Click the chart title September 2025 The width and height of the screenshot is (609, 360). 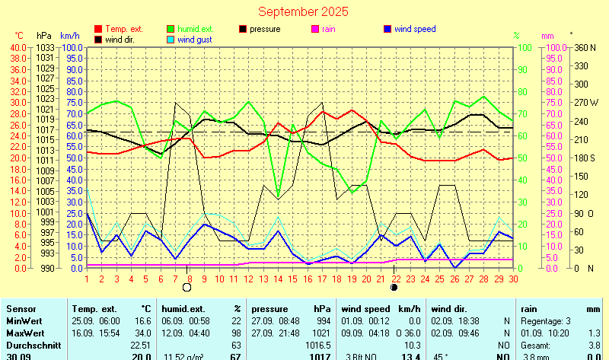tap(303, 11)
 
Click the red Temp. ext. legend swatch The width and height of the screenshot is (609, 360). tap(98, 29)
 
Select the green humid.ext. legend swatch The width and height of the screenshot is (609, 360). tap(171, 29)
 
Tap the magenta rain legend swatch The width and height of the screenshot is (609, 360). tap(316, 29)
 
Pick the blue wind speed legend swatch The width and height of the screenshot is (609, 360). tap(387, 29)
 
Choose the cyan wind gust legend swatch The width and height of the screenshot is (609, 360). tap(171, 40)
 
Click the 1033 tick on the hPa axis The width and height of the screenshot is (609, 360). tap(44, 47)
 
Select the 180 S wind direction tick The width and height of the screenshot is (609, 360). tap(585, 158)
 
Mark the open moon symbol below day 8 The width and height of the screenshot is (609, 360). tap(188, 288)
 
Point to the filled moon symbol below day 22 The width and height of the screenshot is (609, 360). tap(394, 288)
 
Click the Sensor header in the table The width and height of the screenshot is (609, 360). tap(21, 309)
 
